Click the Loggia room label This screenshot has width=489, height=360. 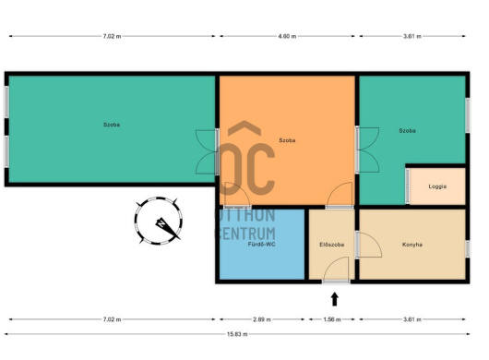pos(437,186)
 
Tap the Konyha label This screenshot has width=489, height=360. pos(412,245)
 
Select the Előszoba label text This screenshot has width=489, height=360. pos(332,245)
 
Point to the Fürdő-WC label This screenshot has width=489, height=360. pos(262,245)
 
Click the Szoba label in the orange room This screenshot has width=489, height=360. pos(287,140)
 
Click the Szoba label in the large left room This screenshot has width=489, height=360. pos(112,125)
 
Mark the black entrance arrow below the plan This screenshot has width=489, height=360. pos(335,299)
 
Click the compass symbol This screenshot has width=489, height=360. pos(159,221)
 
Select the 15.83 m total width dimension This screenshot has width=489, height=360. pos(237,334)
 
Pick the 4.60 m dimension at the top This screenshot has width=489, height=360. pos(287,36)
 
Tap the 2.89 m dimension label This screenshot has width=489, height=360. pos(262,319)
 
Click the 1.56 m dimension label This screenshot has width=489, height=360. pos(332,319)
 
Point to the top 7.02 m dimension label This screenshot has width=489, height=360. pos(112,36)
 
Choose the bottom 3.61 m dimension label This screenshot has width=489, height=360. pos(412,319)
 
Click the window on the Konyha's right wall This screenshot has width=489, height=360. pos(468,248)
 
